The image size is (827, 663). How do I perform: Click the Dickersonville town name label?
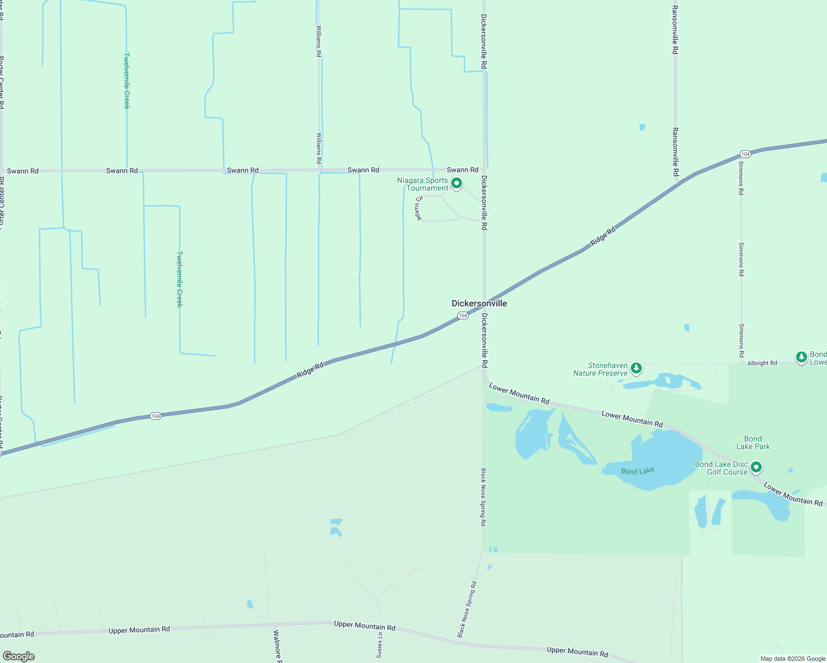(479, 303)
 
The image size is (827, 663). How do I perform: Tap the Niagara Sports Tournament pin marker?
(457, 183)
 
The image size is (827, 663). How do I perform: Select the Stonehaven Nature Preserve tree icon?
(636, 367)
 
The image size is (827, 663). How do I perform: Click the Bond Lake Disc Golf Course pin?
(756, 467)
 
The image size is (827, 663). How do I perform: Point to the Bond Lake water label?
(637, 471)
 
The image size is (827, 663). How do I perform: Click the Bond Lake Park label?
(753, 443)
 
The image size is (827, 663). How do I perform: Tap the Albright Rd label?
(762, 363)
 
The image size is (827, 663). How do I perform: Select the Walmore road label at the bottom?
(277, 645)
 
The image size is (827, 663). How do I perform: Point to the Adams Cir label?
(418, 208)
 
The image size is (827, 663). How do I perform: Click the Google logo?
(19, 656)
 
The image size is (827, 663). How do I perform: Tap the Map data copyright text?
(793, 659)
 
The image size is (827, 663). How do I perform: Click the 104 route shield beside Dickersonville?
(463, 315)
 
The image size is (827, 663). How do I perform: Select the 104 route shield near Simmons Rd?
(745, 154)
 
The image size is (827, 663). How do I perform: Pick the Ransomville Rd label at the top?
(675, 30)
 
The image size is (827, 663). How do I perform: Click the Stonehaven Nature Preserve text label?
(600, 369)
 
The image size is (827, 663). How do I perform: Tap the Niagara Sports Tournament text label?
(423, 184)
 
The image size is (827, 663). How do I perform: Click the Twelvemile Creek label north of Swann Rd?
(127, 81)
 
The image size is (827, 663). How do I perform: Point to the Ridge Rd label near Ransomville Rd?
(603, 236)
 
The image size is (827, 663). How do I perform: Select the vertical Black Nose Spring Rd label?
(483, 497)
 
